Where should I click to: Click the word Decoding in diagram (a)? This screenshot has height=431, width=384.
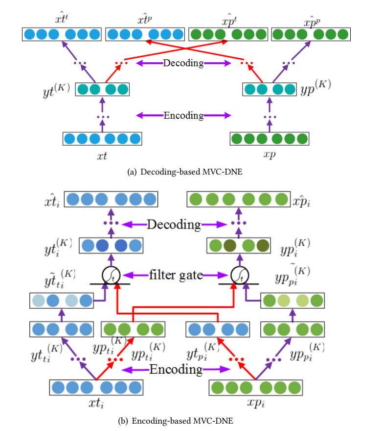point(183,63)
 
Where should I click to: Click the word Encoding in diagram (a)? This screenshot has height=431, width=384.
point(183,116)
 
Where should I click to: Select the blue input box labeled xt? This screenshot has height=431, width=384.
point(102,139)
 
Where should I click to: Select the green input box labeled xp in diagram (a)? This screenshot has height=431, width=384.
point(270,139)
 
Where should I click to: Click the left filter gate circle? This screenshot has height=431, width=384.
point(111,276)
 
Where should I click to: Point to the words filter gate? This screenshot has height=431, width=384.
point(176,275)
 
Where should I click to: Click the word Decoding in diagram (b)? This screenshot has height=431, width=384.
point(174,225)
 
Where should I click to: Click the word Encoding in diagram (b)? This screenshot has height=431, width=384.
point(176,369)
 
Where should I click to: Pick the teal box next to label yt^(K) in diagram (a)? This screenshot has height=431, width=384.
point(102,90)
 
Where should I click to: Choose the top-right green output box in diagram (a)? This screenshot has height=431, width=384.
point(311,35)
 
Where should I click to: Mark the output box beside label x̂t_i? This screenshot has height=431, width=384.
point(111,199)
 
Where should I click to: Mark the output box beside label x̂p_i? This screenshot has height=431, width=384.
point(238,199)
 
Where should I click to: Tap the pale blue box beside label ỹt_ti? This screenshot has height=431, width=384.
point(61,300)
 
